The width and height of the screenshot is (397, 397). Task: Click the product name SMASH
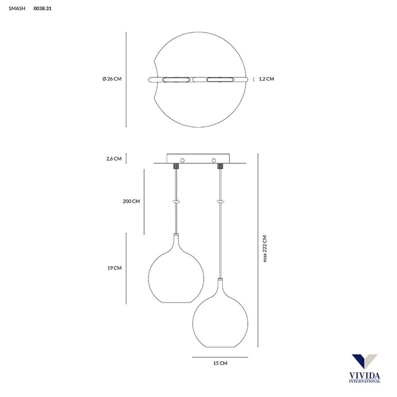point(17,8)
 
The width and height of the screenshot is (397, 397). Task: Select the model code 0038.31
point(42,8)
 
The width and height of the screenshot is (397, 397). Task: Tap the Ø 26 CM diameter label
point(112,79)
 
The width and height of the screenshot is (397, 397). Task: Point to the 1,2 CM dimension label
point(266,79)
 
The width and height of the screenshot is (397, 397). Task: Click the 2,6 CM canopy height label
point(114,159)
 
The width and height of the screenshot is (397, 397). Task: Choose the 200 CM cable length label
point(131,201)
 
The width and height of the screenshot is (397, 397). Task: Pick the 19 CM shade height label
point(114,268)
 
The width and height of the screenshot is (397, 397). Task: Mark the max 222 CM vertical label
point(265,249)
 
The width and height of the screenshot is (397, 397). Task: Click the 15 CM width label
point(220,363)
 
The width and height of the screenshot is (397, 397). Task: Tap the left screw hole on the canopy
point(182,161)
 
